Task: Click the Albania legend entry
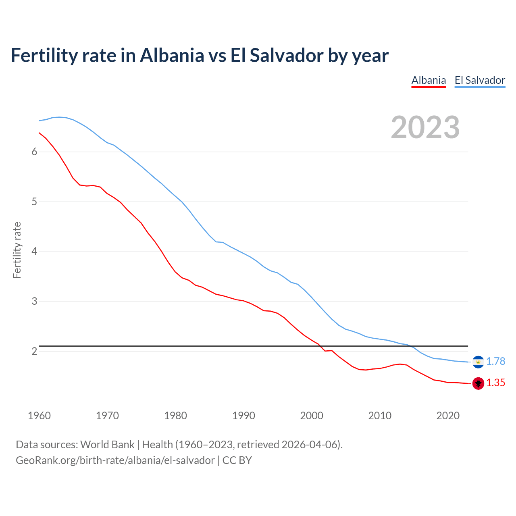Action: click(429, 80)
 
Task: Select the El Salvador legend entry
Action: click(480, 80)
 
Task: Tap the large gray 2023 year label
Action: click(425, 127)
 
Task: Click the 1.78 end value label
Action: click(495, 361)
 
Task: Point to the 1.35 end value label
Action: click(495, 383)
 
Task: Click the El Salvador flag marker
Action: click(478, 362)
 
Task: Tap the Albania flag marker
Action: click(478, 383)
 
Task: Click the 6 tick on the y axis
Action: click(34, 152)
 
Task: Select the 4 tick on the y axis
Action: click(34, 252)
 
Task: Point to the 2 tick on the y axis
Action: click(34, 351)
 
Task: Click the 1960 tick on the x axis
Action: click(39, 416)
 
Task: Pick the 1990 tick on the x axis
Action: click(243, 416)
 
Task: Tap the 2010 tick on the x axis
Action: click(380, 416)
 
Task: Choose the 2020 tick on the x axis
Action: click(448, 416)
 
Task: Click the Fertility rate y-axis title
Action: click(17, 250)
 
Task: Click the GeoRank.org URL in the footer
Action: click(115, 460)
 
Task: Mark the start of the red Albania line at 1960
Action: click(39, 133)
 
